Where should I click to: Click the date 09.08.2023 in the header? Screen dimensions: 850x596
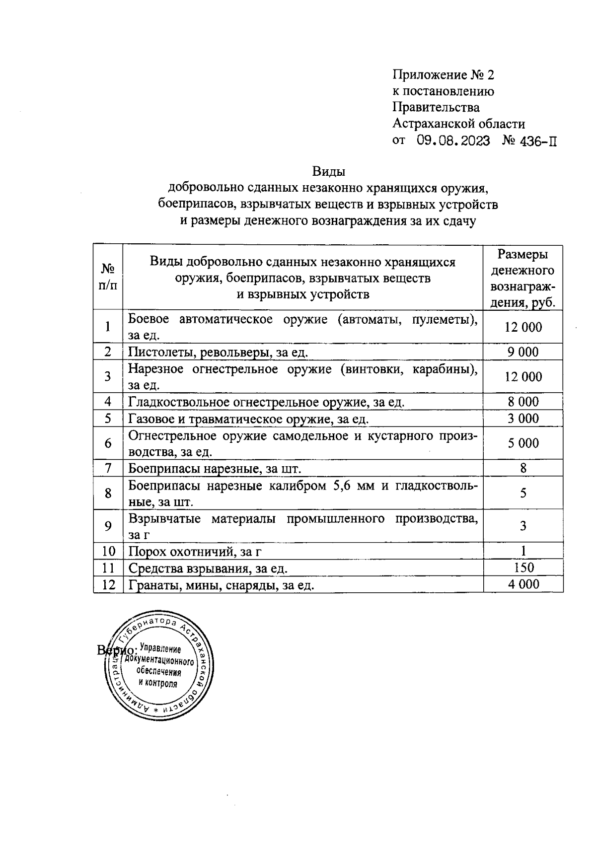click(x=453, y=141)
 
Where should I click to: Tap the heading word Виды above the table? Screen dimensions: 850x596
click(x=328, y=172)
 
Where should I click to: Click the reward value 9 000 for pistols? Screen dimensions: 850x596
click(x=522, y=352)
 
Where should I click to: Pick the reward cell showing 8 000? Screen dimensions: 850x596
click(x=522, y=402)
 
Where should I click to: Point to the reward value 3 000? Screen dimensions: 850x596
click(x=522, y=419)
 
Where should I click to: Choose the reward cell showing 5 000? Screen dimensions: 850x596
click(x=522, y=443)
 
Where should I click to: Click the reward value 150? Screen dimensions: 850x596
click(x=523, y=567)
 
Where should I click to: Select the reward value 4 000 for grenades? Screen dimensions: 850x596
click(x=523, y=584)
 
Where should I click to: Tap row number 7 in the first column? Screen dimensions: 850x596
click(x=108, y=468)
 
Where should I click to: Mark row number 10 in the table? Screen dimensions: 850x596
click(x=108, y=551)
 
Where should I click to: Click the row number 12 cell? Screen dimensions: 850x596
click(x=108, y=585)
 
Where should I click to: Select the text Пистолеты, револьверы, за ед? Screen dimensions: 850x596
click(x=218, y=353)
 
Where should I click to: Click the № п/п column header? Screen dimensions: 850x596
click(x=108, y=277)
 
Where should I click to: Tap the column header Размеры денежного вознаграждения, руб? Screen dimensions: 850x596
click(x=522, y=278)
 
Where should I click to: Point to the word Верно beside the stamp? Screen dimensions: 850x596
click(x=115, y=650)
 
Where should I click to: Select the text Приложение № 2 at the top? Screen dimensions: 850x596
click(x=444, y=75)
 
